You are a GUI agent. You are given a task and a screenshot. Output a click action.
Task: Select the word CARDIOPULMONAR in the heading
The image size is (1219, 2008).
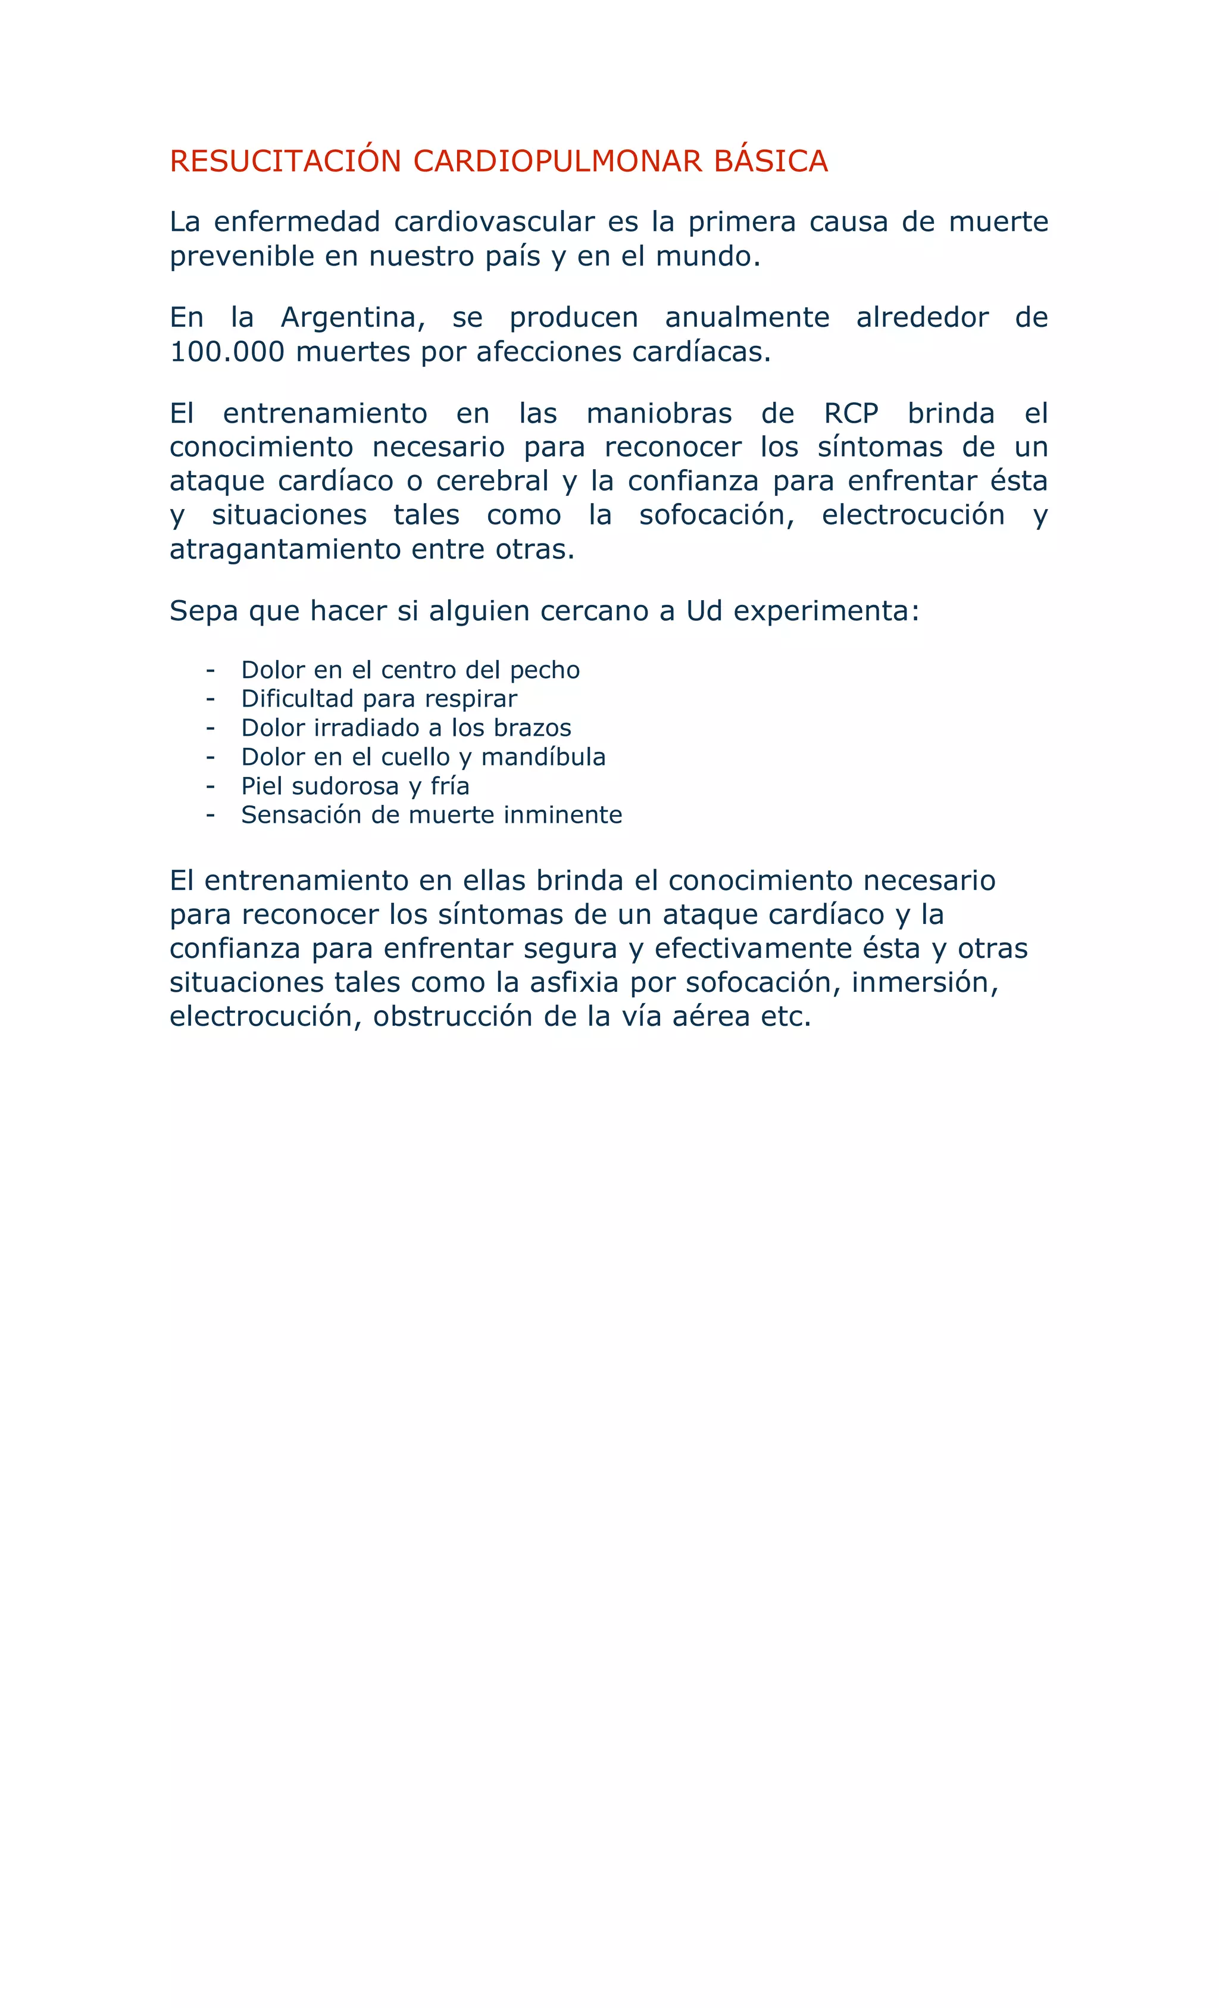557,161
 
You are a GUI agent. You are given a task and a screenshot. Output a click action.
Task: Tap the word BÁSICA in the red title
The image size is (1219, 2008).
770,161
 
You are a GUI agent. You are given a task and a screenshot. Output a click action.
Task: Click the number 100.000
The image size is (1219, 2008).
227,352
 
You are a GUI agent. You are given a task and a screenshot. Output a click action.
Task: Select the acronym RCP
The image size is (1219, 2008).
851,413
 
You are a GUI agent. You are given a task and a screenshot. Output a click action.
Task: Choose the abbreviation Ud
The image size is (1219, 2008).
704,610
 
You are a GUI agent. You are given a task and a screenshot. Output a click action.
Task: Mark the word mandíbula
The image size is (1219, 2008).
543,757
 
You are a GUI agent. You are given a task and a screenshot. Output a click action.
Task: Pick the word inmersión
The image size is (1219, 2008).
924,982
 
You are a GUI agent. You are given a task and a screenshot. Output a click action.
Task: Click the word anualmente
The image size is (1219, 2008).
746,317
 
